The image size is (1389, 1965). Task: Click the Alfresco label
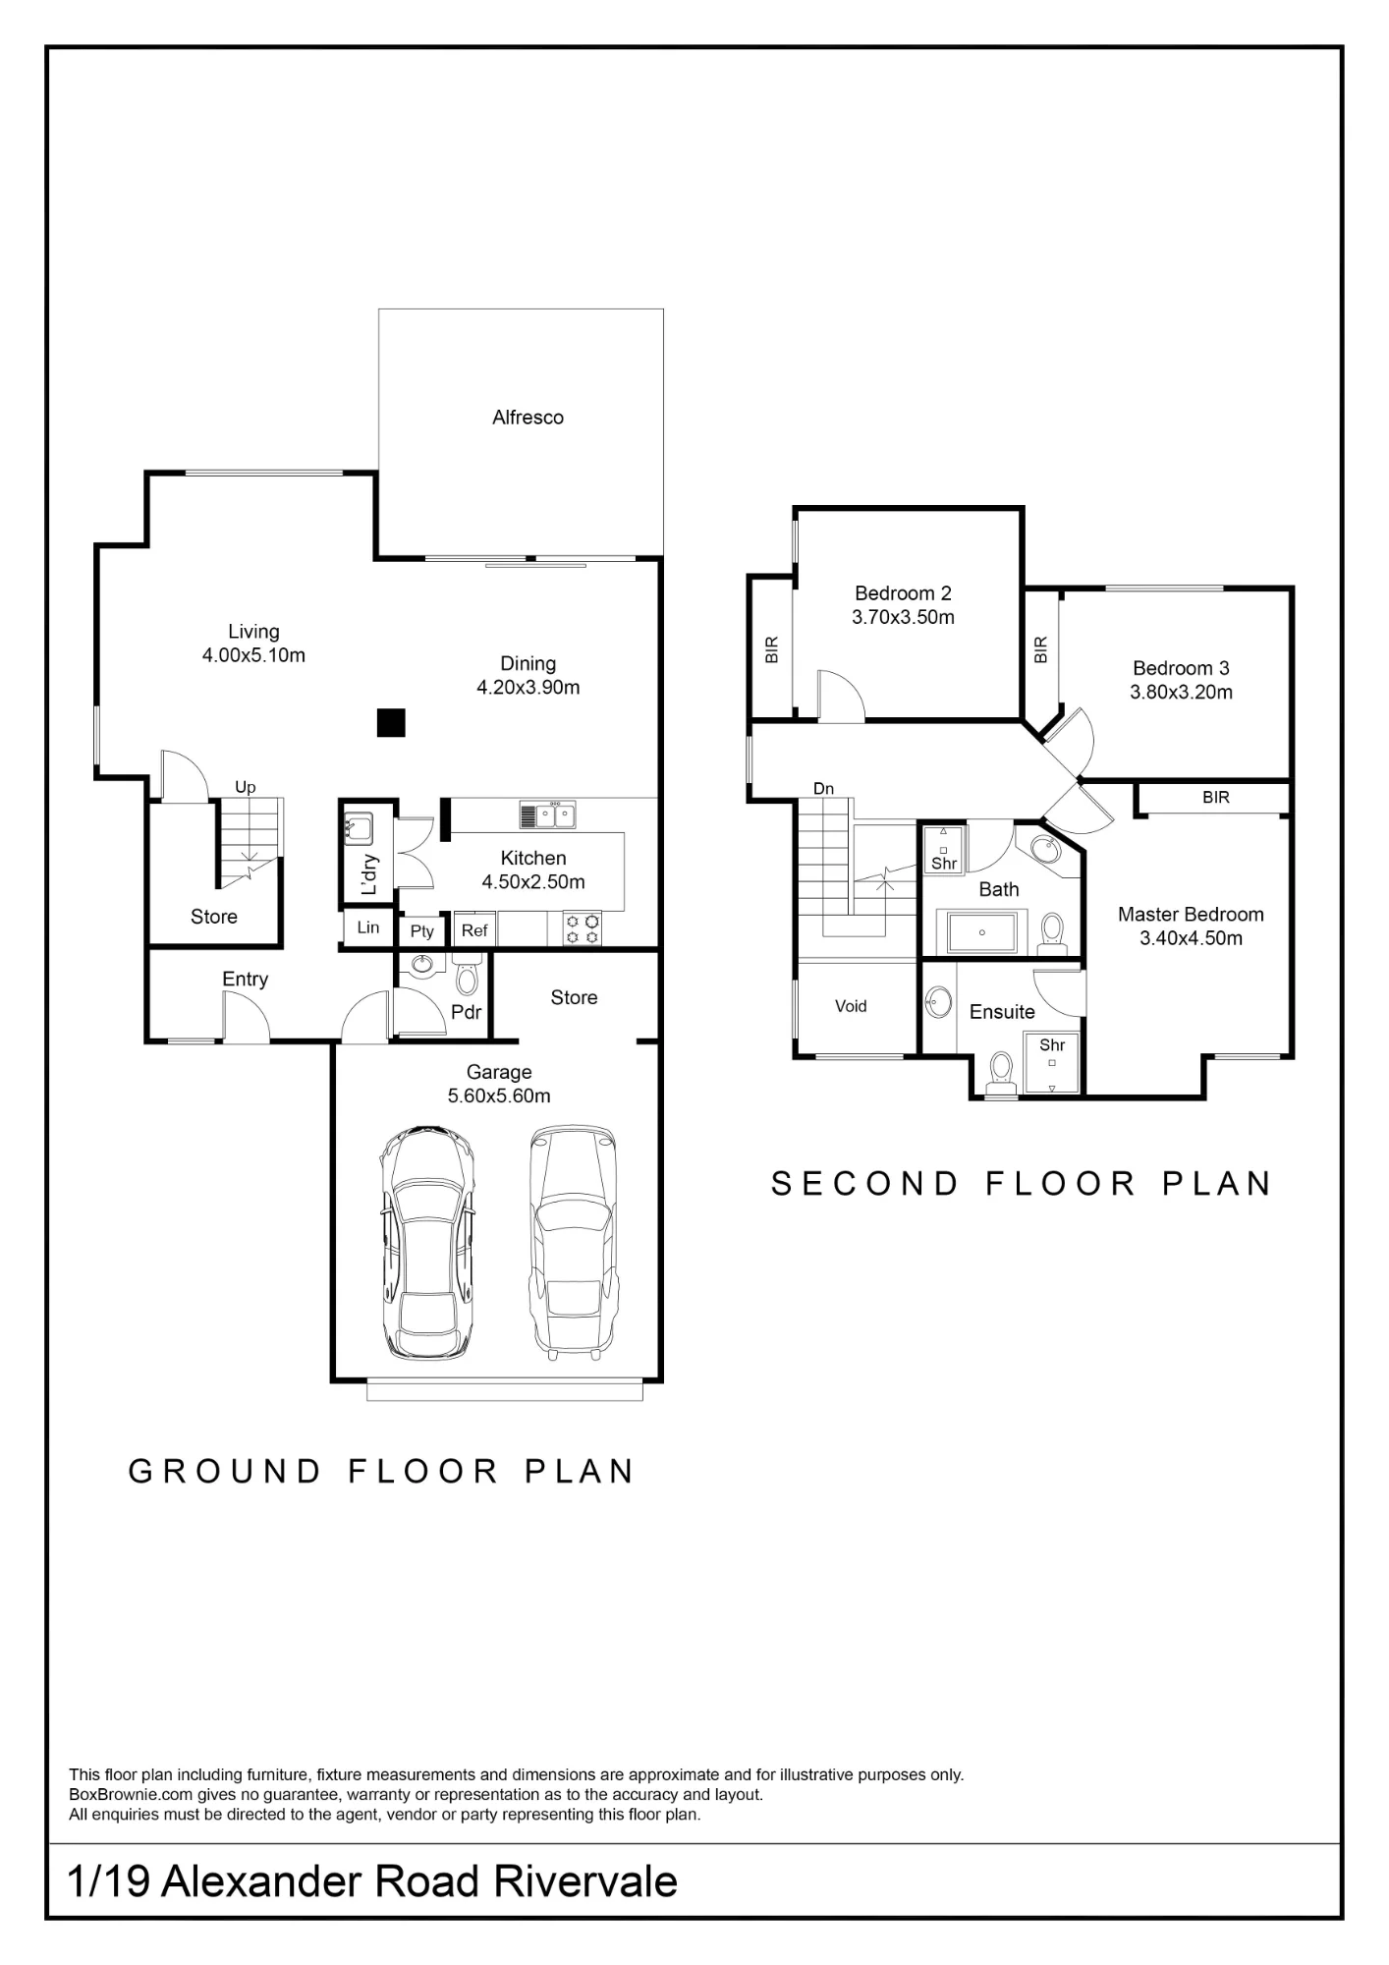[528, 418]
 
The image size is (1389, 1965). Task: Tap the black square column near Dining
[391, 722]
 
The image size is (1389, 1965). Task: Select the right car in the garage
[574, 1243]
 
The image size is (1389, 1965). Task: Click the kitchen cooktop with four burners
[583, 929]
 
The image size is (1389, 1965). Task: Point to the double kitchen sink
[548, 814]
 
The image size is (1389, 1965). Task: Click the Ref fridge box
[474, 930]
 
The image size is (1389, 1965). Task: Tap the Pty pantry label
[422, 931]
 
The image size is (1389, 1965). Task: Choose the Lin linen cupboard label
[368, 927]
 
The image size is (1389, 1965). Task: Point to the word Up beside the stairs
[246, 787]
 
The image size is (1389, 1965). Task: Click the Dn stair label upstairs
[823, 788]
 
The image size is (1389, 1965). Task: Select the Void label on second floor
[851, 1006]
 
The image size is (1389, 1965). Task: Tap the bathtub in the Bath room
[982, 931]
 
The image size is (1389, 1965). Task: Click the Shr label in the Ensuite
[1052, 1045]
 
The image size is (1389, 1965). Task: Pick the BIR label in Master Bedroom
[1216, 798]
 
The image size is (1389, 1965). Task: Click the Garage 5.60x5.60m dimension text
[499, 1096]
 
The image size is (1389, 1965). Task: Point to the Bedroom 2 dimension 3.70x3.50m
[903, 618]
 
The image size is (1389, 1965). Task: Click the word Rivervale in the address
[585, 1881]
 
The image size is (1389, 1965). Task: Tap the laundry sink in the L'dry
[358, 827]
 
